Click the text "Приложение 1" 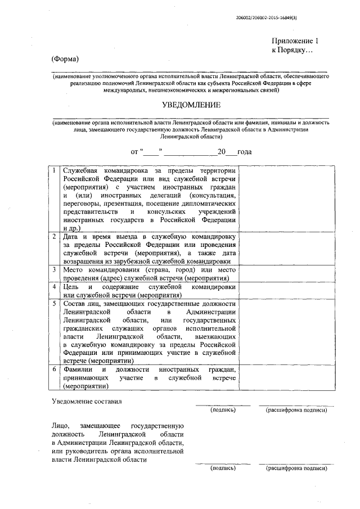295,41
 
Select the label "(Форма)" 64,59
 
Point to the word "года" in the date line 244,152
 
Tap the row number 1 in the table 53,170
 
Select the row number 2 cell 53,236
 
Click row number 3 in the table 53,269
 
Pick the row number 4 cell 53,286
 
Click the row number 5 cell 53,304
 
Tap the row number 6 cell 53,370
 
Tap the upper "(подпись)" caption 223,411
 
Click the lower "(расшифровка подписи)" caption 296,468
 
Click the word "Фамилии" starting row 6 78,370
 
